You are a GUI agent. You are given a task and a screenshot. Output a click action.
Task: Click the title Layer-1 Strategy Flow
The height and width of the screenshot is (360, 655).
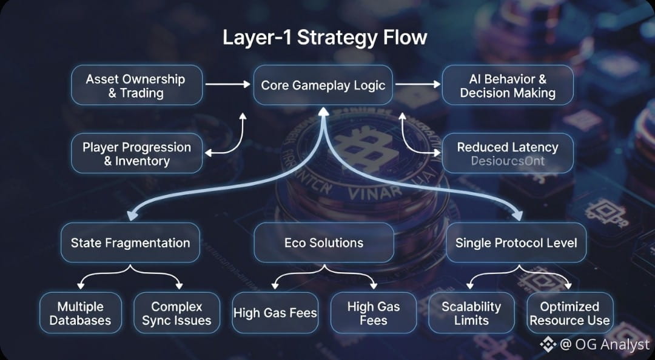(x=324, y=37)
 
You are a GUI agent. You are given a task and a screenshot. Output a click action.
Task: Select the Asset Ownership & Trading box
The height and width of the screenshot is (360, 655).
(x=136, y=85)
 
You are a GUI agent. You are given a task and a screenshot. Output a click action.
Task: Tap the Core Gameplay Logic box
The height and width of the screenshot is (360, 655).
(x=323, y=85)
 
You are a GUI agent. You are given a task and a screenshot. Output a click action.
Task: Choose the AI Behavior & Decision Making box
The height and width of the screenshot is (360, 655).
(x=508, y=85)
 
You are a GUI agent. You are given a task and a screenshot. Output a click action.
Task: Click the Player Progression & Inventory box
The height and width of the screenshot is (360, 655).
(x=136, y=153)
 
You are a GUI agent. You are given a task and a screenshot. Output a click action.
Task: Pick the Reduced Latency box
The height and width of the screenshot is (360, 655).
(x=508, y=153)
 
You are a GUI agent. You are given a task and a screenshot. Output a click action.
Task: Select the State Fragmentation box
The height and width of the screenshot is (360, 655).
(x=130, y=243)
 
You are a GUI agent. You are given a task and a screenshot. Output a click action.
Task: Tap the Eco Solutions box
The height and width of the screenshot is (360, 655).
(x=323, y=243)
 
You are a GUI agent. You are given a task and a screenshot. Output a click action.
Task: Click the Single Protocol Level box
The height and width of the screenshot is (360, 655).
(x=516, y=243)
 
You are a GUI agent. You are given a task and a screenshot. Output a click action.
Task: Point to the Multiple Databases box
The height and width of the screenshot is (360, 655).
(x=81, y=313)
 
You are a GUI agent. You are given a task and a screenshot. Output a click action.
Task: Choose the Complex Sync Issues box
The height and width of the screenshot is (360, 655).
(x=176, y=313)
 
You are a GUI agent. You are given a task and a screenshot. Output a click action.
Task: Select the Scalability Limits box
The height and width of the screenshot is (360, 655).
(x=471, y=313)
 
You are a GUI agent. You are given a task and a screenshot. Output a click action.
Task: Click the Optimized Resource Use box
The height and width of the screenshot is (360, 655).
(x=569, y=313)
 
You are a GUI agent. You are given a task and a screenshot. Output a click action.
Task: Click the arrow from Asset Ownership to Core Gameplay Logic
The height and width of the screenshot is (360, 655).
(x=228, y=85)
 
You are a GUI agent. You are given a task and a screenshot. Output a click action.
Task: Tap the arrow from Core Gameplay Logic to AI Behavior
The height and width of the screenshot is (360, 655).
(x=418, y=85)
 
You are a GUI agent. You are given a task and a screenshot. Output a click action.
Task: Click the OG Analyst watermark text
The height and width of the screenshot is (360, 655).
(x=605, y=345)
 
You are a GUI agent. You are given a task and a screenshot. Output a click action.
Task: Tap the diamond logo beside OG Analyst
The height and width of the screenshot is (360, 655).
(x=548, y=345)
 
